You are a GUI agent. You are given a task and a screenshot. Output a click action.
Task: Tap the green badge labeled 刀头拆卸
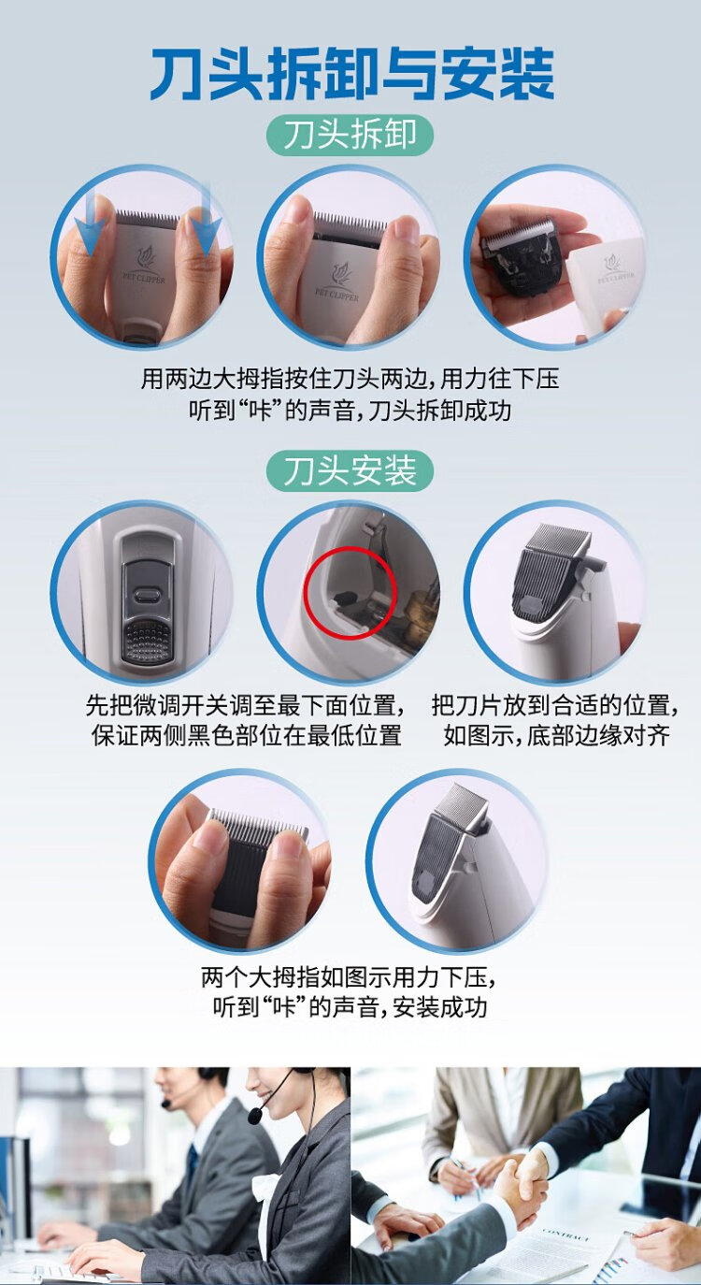pos(350,136)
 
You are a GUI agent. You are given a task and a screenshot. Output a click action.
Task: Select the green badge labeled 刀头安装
pos(350,471)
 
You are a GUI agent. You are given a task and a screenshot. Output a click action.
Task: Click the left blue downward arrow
pos(90,224)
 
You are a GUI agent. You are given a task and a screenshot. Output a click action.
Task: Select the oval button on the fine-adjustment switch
pos(147,594)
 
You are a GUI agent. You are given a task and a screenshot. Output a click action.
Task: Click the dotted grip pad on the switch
pos(147,640)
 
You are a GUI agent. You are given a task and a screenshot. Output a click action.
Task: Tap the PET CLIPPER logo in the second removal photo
pos(337,282)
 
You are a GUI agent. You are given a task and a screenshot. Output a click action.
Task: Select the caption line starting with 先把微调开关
pos(245,705)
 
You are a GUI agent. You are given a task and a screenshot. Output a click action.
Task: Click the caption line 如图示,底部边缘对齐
pos(556,735)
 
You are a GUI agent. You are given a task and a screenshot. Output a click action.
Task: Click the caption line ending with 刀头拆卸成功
pos(350,411)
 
